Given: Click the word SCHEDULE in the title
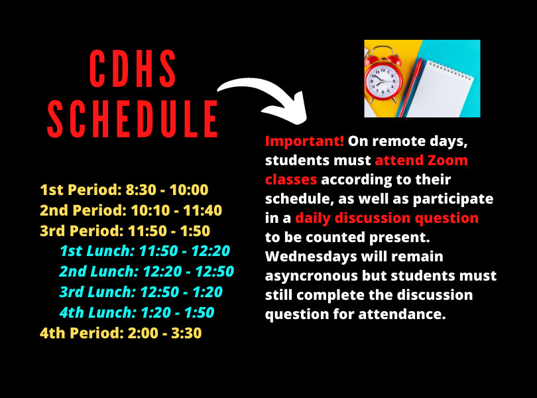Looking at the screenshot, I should click(133, 120).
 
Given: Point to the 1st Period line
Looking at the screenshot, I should click(124, 190).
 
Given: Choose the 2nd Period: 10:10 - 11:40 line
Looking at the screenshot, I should click(131, 211).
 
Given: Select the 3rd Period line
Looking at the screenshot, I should click(125, 231).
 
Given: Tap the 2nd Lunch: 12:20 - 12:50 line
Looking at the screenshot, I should click(146, 271).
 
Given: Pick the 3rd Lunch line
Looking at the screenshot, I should click(141, 292).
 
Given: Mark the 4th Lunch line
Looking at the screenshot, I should click(137, 312).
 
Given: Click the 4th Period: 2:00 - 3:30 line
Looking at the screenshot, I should click(120, 332).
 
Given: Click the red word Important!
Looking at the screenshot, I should click(304, 141).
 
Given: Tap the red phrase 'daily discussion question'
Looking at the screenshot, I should click(387, 218).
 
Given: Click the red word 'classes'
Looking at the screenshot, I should click(291, 180).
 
